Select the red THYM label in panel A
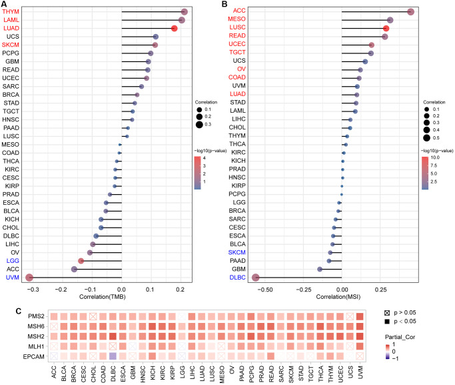click(x=11, y=12)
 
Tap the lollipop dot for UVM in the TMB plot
click(x=29, y=277)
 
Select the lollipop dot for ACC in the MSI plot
click(x=411, y=11)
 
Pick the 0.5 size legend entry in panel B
click(x=426, y=138)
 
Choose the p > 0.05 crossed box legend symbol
click(x=388, y=313)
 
